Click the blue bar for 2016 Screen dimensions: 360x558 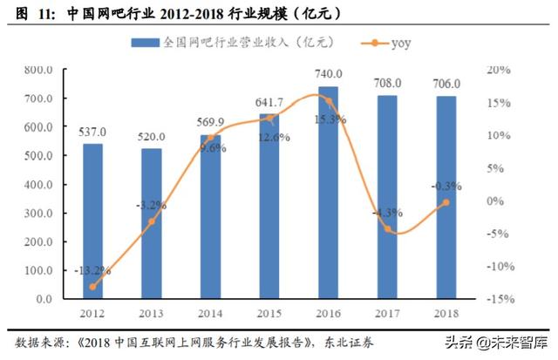[328, 193]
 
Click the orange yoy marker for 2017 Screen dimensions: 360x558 [388, 230]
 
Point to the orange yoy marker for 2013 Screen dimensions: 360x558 [152, 221]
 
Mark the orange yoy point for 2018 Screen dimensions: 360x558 [446, 202]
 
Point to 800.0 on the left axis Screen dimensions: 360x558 [38, 70]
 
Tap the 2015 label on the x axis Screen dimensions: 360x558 [269, 312]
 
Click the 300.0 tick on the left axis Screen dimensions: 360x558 [38, 214]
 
